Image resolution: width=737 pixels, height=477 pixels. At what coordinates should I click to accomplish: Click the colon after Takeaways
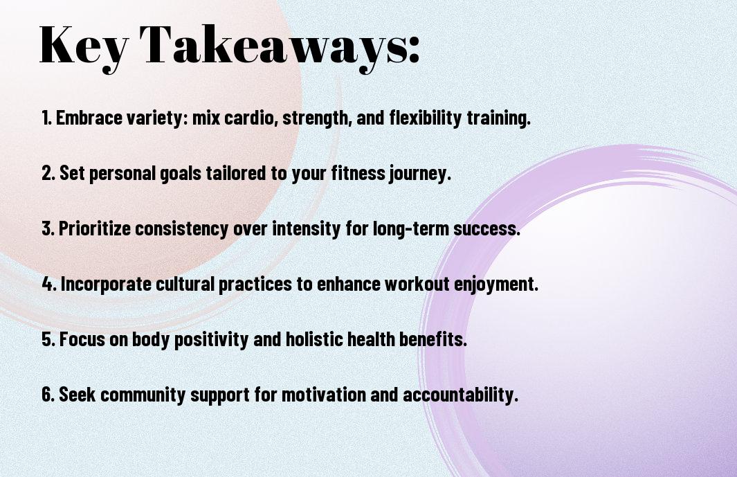click(x=413, y=50)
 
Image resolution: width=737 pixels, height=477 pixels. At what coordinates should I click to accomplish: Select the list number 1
click(x=46, y=118)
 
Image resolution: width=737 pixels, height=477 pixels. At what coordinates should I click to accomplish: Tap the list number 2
click(x=48, y=173)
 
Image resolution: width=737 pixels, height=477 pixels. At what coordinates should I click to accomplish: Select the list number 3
click(x=48, y=228)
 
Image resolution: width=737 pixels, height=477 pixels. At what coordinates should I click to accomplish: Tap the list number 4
click(x=49, y=284)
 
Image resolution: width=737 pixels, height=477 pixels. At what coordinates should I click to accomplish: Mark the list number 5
click(x=48, y=339)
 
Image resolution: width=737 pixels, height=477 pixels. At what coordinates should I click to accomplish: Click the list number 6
click(x=48, y=395)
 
